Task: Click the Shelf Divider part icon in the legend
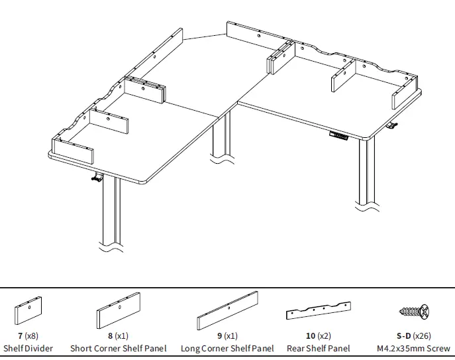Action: pyautogui.click(x=28, y=311)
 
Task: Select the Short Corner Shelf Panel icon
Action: pyautogui.click(x=118, y=311)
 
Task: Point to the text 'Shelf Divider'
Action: pyautogui.click(x=28, y=348)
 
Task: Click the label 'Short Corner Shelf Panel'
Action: pyautogui.click(x=119, y=348)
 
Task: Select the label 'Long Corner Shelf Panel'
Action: pyautogui.click(x=227, y=348)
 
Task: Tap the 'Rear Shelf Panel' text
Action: pyautogui.click(x=319, y=348)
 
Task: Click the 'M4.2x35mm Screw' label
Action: pyautogui.click(x=413, y=348)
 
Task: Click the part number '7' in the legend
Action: pyautogui.click(x=20, y=336)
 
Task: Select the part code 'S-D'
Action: pyautogui.click(x=403, y=336)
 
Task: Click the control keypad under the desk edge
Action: pyautogui.click(x=338, y=137)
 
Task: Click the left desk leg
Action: pyautogui.click(x=111, y=212)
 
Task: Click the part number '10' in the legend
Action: pyautogui.click(x=310, y=336)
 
